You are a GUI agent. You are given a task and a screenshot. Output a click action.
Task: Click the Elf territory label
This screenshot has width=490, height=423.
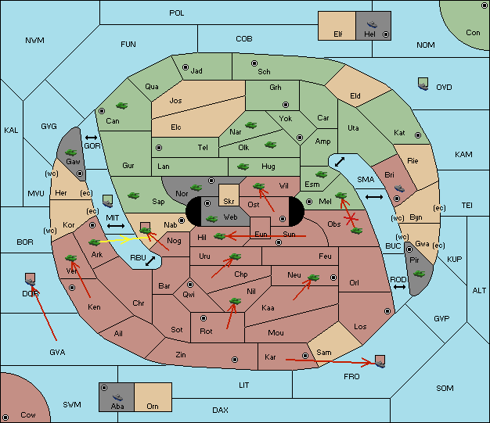(338, 34)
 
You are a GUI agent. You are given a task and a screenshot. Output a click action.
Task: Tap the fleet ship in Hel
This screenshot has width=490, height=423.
(372, 24)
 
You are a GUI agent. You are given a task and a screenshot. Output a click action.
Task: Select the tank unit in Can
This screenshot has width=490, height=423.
(121, 106)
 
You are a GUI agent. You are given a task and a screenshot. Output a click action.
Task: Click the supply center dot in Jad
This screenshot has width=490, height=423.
(186, 67)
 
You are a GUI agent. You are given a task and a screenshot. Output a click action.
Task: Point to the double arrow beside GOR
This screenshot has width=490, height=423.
(92, 138)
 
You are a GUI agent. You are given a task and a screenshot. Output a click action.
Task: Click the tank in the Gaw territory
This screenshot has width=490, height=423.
(71, 152)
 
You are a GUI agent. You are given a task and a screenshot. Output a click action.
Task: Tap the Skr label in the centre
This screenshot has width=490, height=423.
(229, 202)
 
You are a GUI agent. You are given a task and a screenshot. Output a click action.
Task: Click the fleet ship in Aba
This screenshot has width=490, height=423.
(117, 396)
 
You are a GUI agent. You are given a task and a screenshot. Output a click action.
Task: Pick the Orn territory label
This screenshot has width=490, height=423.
(153, 406)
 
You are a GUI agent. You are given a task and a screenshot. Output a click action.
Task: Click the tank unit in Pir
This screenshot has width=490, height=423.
(419, 274)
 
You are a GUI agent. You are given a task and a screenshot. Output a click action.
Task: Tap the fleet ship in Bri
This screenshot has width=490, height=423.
(399, 188)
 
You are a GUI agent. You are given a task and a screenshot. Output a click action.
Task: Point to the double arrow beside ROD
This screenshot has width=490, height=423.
(399, 287)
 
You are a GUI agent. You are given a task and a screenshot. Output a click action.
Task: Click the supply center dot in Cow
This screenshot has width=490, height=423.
(5, 417)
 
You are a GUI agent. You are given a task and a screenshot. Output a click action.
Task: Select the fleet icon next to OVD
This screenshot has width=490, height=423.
(423, 84)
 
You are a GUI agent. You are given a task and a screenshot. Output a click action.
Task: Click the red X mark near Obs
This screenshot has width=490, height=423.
(351, 218)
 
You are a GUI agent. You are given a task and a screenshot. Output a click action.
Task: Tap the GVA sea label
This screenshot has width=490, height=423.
(57, 353)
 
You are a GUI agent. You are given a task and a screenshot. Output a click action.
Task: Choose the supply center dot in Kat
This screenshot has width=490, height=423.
(418, 135)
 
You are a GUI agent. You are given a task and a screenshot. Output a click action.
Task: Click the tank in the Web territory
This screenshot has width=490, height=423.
(212, 218)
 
